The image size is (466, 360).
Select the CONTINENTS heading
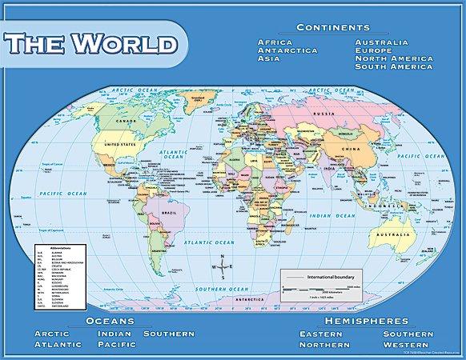click(332, 27)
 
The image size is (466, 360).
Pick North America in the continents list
click(395, 58)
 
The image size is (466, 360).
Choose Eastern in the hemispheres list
click(326, 333)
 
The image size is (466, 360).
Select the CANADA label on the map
click(123, 122)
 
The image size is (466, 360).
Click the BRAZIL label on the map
click(169, 214)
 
